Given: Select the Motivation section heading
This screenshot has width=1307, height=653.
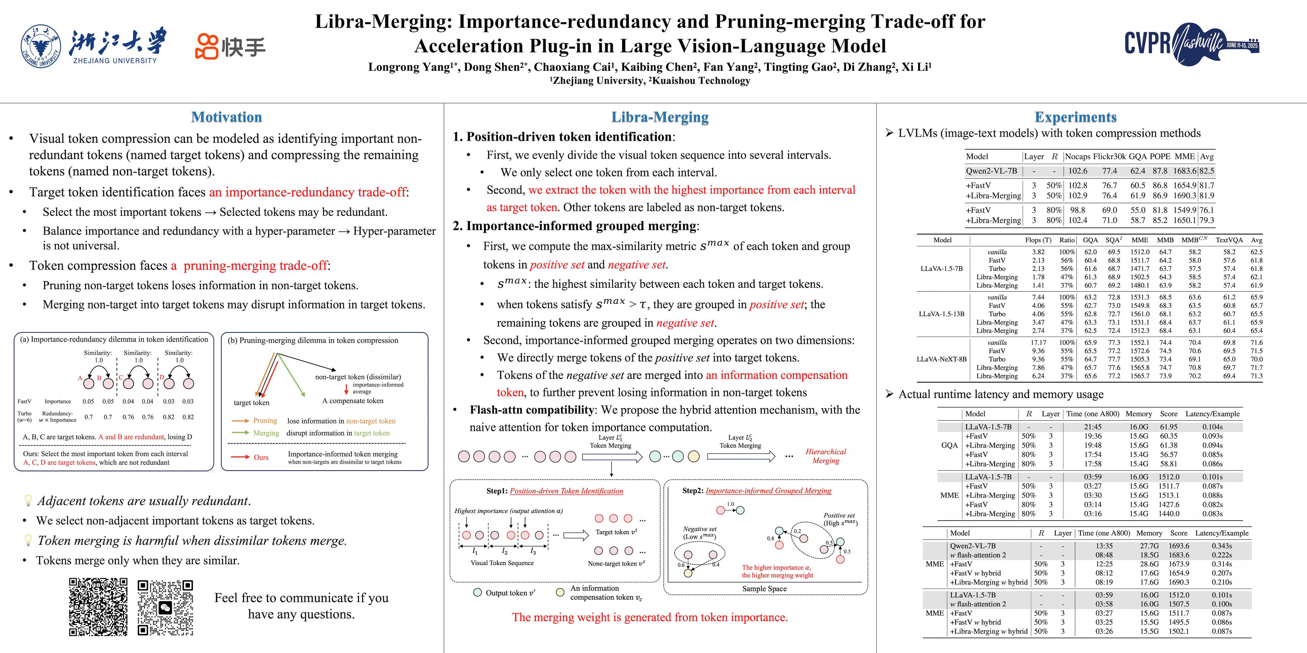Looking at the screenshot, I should click(x=226, y=117).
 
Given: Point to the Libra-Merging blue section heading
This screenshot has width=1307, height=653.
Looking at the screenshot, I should click(x=660, y=117).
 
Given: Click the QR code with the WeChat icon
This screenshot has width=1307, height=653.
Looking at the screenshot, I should click(x=165, y=607).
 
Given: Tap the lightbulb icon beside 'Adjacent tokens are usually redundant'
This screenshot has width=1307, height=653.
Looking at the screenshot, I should click(x=28, y=501).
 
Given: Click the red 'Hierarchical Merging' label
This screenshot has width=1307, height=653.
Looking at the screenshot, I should click(x=826, y=456).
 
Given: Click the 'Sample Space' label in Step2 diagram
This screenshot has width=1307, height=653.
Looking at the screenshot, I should click(x=764, y=589).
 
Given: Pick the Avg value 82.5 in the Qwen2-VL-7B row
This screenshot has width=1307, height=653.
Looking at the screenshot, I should click(x=1206, y=171).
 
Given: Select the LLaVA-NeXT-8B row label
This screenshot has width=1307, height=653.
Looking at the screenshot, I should click(x=941, y=359).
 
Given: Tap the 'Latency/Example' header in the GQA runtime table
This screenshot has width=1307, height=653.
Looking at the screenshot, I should click(x=1212, y=414).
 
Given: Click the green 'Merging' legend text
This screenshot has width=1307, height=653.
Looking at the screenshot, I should click(x=266, y=433).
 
